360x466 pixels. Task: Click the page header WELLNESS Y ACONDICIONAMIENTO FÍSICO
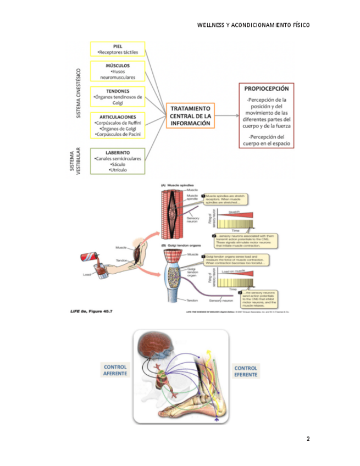pos(253,25)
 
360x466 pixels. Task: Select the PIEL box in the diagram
pos(118,49)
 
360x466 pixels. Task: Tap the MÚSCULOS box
pos(118,71)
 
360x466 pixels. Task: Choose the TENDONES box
pos(118,96)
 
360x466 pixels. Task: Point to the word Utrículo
pos(118,170)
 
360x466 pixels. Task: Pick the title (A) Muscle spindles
pos(176,185)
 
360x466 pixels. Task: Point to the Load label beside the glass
pos(86,274)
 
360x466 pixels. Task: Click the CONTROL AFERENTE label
pos(115,370)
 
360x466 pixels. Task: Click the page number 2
pos(308,439)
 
